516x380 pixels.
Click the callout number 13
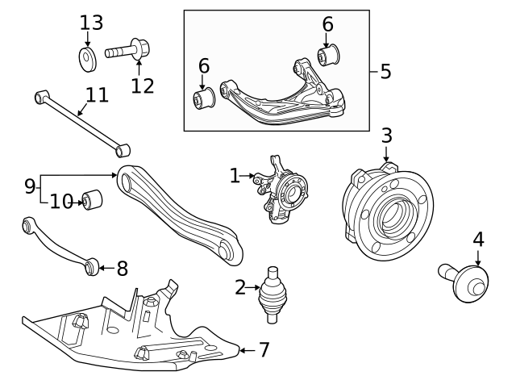(91, 23)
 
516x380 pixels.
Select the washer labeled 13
(88, 58)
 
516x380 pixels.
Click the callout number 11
(96, 95)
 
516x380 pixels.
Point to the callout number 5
(385, 71)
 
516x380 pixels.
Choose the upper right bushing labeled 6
(328, 56)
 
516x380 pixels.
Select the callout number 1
(235, 175)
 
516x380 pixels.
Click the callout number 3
(386, 135)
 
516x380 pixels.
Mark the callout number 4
(478, 240)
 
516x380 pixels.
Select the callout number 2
(239, 286)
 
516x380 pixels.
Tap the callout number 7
(264, 350)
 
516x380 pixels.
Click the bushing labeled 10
(94, 198)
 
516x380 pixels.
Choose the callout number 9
(30, 186)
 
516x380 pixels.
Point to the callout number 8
(122, 267)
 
